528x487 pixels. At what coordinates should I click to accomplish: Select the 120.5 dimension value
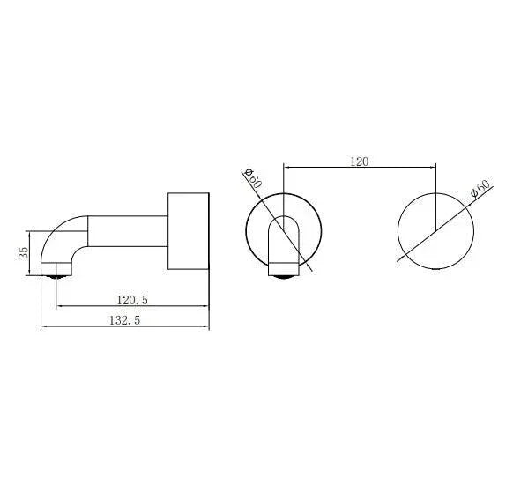130,300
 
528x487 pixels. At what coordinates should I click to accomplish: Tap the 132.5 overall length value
125,320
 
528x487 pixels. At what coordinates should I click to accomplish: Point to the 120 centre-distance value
359,161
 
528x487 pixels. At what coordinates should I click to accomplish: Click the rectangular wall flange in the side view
188,229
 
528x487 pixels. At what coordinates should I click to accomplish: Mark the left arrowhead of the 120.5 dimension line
60,307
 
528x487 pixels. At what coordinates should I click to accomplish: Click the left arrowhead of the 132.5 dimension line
45,327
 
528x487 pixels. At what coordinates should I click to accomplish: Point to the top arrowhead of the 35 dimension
33,234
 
